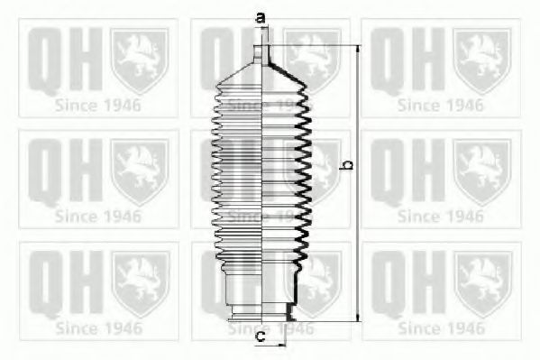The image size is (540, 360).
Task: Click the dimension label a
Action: tap(261, 17)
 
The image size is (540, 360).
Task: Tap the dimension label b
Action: tap(347, 165)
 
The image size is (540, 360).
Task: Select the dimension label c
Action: tap(261, 336)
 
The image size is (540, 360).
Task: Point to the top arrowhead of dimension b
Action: tap(359, 49)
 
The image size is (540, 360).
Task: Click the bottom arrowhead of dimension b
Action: tap(359, 318)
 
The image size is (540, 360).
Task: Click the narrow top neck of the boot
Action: tap(261, 54)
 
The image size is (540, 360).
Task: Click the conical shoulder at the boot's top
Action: tap(261, 73)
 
